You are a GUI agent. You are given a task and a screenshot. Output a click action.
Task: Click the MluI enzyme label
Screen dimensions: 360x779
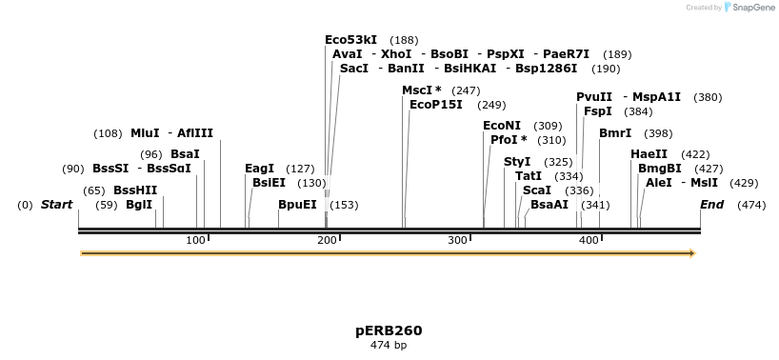click(145, 133)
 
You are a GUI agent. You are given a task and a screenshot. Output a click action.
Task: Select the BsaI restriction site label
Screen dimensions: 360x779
click(185, 154)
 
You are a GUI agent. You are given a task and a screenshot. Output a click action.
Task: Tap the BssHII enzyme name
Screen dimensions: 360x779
click(135, 190)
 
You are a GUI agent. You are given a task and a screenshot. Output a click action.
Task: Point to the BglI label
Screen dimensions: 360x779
click(139, 205)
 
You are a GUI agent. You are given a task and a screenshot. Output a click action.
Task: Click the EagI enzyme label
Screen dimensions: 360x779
click(259, 169)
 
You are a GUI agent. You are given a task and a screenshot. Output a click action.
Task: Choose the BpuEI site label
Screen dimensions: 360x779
click(297, 205)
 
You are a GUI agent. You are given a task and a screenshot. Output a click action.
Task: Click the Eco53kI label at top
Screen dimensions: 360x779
click(350, 40)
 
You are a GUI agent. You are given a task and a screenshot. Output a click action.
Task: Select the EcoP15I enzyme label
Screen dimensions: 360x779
click(436, 105)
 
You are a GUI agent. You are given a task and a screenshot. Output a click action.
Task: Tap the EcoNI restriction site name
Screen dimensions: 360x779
click(502, 126)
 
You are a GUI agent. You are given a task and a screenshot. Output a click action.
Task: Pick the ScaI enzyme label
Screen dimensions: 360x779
click(537, 190)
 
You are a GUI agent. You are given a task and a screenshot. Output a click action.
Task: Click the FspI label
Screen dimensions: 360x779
click(598, 111)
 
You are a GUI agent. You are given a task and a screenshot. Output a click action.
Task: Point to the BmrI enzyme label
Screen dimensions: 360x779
click(615, 133)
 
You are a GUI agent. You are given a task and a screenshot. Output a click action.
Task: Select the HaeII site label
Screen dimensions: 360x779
click(649, 154)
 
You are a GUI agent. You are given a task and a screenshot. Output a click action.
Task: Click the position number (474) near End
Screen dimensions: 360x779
click(751, 205)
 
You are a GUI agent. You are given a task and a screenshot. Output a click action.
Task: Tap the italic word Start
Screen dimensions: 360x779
click(56, 205)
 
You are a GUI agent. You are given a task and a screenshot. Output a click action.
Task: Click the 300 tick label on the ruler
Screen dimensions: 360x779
click(458, 239)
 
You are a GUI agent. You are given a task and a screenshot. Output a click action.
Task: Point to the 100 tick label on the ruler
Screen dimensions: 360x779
click(196, 239)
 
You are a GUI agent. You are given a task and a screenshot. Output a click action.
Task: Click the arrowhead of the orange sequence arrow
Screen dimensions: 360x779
click(692, 253)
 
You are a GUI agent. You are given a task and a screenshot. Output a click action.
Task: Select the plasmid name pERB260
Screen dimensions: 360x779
click(389, 330)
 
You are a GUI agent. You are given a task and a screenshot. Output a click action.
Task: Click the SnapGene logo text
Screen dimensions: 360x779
click(751, 8)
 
